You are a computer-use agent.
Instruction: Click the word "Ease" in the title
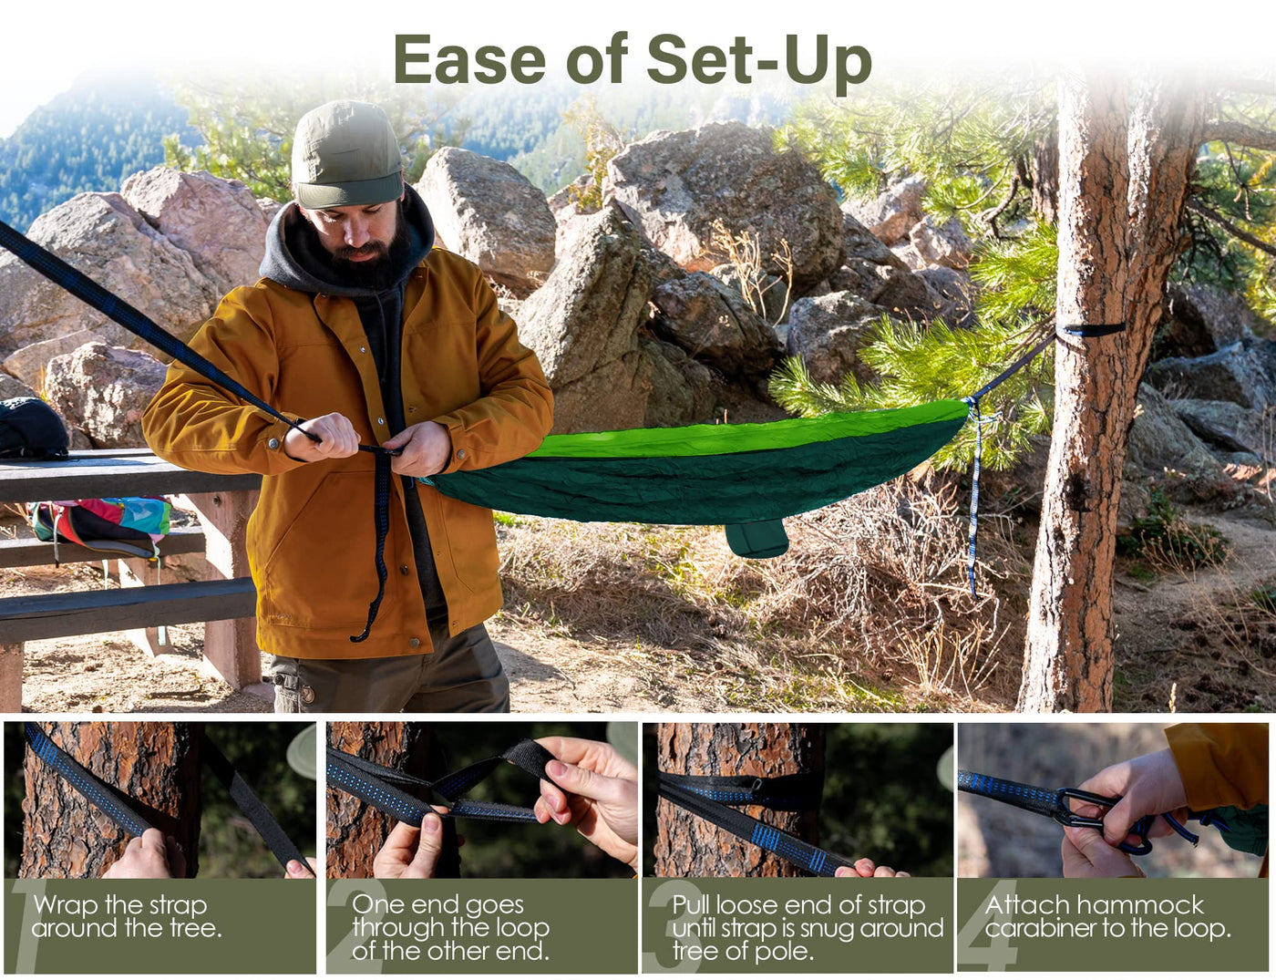pyautogui.click(x=469, y=60)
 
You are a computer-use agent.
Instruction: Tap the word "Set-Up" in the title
pyautogui.click(x=758, y=60)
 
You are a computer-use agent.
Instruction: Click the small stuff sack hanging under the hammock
pyautogui.click(x=756, y=538)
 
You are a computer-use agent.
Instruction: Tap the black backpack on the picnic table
pyautogui.click(x=32, y=428)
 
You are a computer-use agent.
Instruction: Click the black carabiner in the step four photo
pyautogui.click(x=1085, y=808)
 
